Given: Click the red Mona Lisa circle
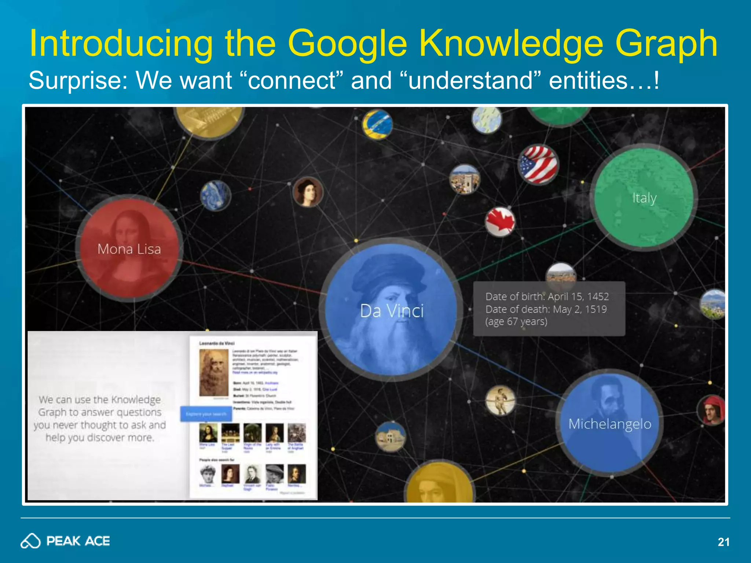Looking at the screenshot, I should coord(129,248).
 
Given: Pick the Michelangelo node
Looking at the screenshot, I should coord(609,423).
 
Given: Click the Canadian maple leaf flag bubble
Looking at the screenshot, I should coord(500,222).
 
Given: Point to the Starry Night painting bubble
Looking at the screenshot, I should coord(216,195).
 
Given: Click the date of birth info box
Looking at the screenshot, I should coord(549,309).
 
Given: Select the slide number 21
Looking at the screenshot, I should coord(723,542).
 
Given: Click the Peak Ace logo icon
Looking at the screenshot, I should coord(30,541).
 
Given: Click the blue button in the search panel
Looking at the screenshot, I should coord(206,414).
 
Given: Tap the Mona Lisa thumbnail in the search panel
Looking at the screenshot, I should coord(208,433).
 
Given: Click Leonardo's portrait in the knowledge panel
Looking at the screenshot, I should coord(213,372).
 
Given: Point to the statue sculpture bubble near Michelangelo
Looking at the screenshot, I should coord(500,401).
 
